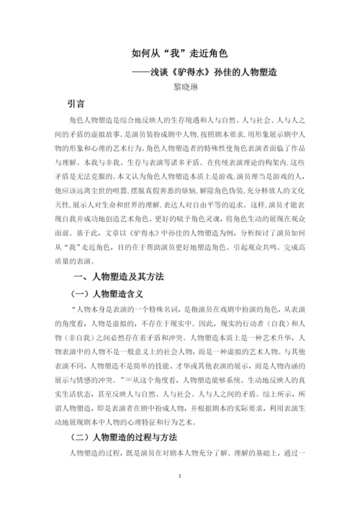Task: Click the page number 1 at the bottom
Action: pos(180,476)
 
